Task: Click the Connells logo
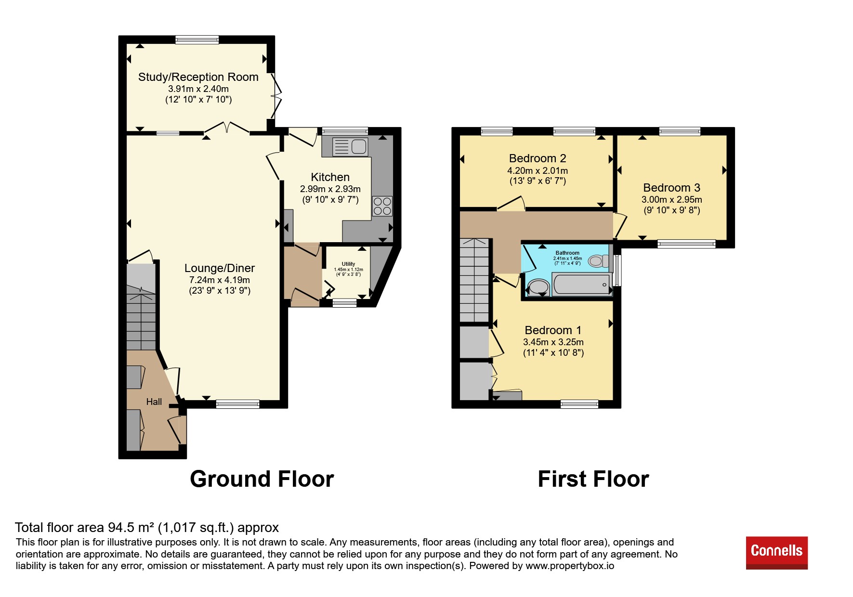click(776, 552)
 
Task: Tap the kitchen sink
click(350, 146)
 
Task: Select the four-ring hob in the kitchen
click(382, 206)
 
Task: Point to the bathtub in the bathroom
click(581, 284)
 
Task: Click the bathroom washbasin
click(538, 287)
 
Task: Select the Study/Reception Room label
click(198, 77)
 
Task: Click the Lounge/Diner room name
click(220, 268)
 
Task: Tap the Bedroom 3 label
click(671, 188)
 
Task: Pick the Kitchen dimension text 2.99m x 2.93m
click(330, 189)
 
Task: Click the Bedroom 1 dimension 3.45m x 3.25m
click(553, 342)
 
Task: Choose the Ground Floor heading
click(262, 479)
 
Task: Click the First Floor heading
click(593, 479)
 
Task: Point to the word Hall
click(154, 402)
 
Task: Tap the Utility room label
click(348, 264)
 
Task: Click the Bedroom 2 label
click(538, 158)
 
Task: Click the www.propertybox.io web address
click(570, 566)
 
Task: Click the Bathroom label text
click(567, 253)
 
